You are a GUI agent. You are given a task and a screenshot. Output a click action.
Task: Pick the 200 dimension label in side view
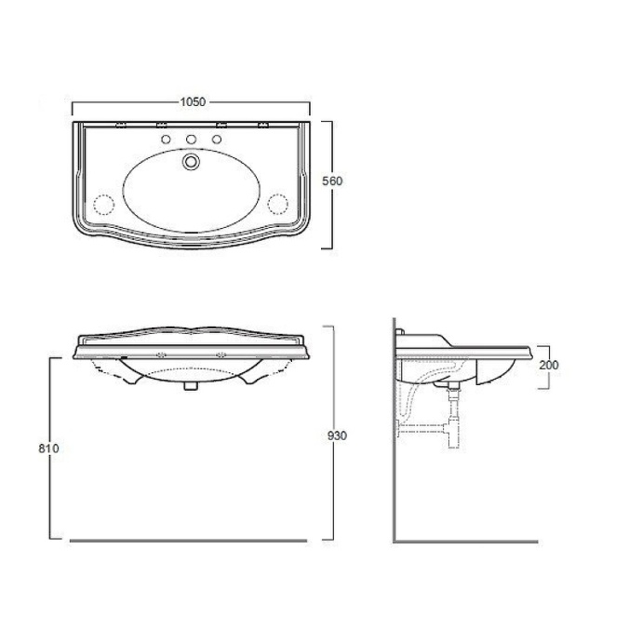click(x=549, y=365)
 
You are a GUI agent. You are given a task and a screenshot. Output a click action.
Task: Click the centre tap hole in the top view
click(x=192, y=140)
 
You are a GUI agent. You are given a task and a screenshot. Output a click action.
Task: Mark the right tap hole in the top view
click(x=217, y=140)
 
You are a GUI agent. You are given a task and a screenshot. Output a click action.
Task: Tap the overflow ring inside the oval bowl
click(x=192, y=162)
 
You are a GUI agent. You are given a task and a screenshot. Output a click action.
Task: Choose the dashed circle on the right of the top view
click(x=278, y=202)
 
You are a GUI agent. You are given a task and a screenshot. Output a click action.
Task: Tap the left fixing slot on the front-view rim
click(x=162, y=354)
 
